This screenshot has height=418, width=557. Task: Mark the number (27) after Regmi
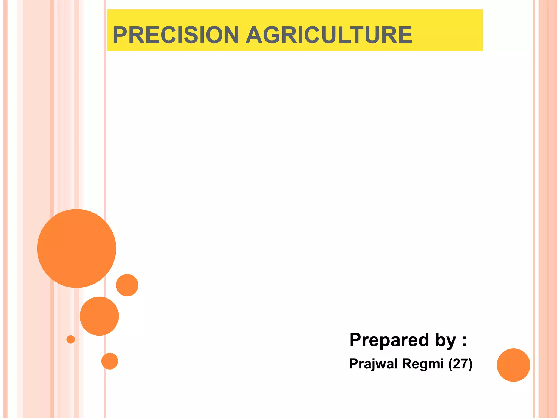460,364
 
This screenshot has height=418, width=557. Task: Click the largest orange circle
76,248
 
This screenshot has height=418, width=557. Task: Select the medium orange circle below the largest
99,316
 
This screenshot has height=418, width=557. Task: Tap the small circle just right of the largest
127,285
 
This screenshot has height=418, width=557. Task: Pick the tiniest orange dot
70,339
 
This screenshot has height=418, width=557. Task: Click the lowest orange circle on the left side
110,361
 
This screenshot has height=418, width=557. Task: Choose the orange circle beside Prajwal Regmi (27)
513,365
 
